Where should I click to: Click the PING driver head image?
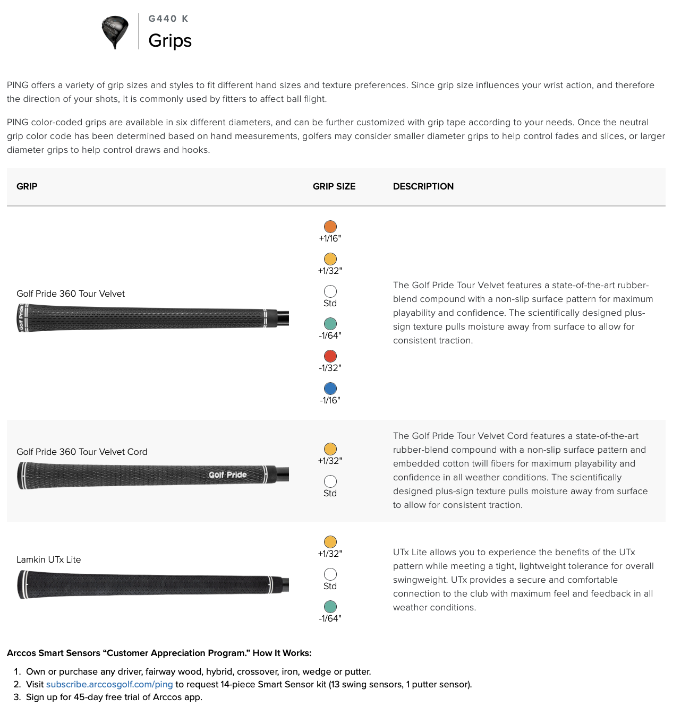pyautogui.click(x=115, y=32)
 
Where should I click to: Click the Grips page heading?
pyautogui.click(x=170, y=40)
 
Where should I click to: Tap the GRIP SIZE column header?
pyautogui.click(x=334, y=186)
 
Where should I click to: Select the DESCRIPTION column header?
pyautogui.click(x=423, y=186)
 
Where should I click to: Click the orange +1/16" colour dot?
pyautogui.click(x=330, y=227)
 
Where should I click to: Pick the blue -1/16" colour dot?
pyautogui.click(x=330, y=389)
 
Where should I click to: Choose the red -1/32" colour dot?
pyautogui.click(x=330, y=356)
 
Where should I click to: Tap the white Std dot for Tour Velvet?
pyautogui.click(x=330, y=291)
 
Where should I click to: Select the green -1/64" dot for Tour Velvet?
pyautogui.click(x=330, y=324)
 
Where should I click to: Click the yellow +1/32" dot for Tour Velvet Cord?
pyautogui.click(x=330, y=449)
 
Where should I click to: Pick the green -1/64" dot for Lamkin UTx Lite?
pyautogui.click(x=330, y=607)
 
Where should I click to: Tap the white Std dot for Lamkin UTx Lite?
pyautogui.click(x=330, y=574)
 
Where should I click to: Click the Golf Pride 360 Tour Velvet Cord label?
pyautogui.click(x=82, y=452)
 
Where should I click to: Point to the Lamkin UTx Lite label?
pyautogui.click(x=49, y=559)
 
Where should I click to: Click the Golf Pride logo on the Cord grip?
pyautogui.click(x=228, y=475)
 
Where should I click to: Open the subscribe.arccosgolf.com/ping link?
pyautogui.click(x=109, y=684)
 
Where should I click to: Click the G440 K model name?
pyautogui.click(x=168, y=19)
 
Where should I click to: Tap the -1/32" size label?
pyautogui.click(x=330, y=368)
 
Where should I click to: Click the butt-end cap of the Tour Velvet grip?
pyautogui.click(x=21, y=318)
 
